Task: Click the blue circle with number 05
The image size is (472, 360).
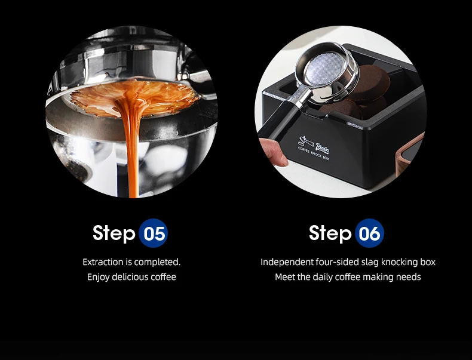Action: pyautogui.click(x=153, y=233)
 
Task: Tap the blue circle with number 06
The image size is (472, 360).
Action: pyautogui.click(x=369, y=233)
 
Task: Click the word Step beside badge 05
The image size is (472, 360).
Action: pyautogui.click(x=114, y=233)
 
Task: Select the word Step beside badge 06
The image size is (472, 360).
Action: pyautogui.click(x=330, y=233)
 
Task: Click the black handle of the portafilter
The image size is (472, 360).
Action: pyautogui.click(x=277, y=121)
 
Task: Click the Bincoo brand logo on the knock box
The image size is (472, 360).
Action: pyautogui.click(x=323, y=147)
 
